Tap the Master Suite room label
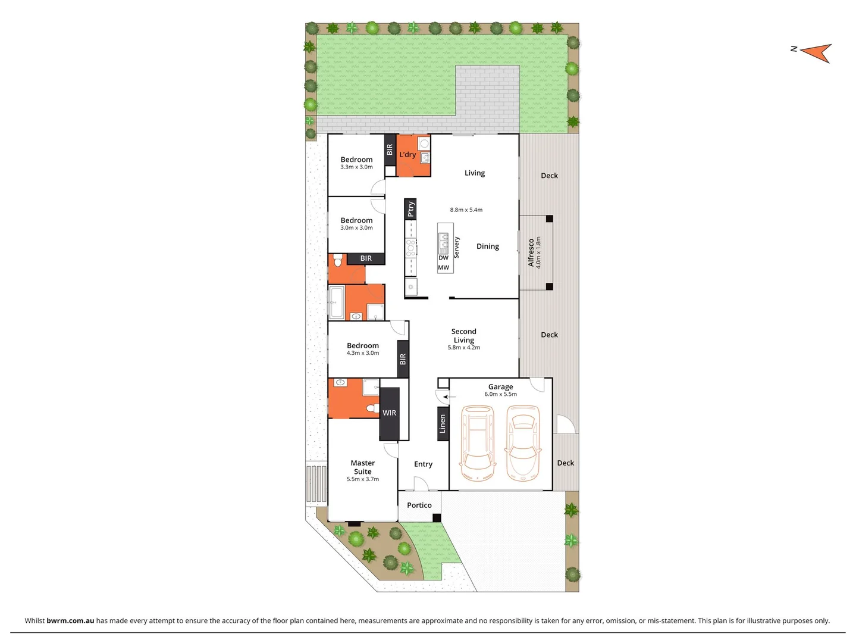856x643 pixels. [x=363, y=467]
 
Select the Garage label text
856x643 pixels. [x=500, y=386]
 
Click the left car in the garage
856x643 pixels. [x=478, y=443]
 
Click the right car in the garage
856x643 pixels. [x=522, y=443]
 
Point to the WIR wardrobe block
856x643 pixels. [x=389, y=413]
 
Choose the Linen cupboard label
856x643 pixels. [x=443, y=424]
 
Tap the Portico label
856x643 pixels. [x=419, y=505]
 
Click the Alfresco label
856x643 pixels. [x=531, y=252]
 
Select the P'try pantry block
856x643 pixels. [x=410, y=209]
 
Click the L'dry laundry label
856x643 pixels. [x=407, y=155]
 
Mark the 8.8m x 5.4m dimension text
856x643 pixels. [x=466, y=210]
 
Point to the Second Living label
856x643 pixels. [x=464, y=336]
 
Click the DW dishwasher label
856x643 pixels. [x=444, y=258]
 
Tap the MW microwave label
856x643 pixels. [x=444, y=267]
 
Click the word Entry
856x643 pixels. [x=423, y=464]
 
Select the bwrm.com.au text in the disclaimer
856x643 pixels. [x=70, y=620]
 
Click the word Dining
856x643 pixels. [x=488, y=246]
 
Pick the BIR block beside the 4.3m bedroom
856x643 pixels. [x=403, y=359]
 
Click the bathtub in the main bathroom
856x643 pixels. [x=336, y=302]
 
